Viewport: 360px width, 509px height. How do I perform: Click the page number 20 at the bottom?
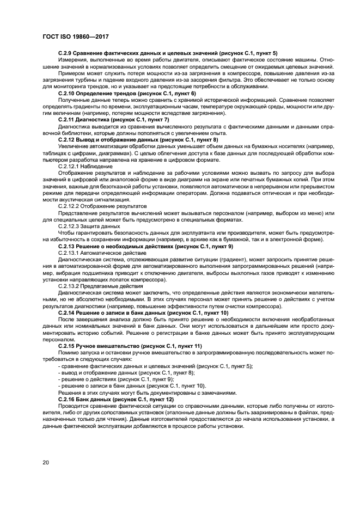click(x=46, y=462)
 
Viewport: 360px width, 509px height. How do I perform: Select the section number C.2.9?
click(x=66, y=53)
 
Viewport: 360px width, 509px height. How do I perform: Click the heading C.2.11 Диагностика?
click(x=113, y=119)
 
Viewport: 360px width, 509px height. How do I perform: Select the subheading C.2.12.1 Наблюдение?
click(x=85, y=166)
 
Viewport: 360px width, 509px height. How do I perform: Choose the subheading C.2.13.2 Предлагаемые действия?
click(x=101, y=287)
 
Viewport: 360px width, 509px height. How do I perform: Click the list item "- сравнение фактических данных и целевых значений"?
click(x=155, y=366)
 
